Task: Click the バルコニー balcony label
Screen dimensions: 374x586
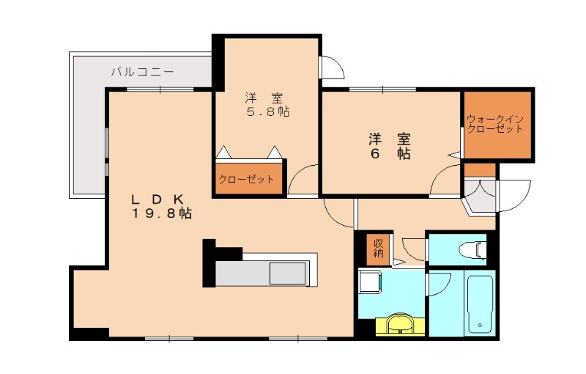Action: (142, 72)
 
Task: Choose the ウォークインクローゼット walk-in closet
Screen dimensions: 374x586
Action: (497, 125)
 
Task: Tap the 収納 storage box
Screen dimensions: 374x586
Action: (378, 249)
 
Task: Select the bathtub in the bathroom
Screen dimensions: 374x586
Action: (481, 302)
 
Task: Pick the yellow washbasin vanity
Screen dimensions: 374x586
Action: (400, 324)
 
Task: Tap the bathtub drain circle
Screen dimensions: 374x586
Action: (481, 323)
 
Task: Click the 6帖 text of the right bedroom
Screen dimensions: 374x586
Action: (389, 146)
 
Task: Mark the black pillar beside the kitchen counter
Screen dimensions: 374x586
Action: (209, 262)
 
